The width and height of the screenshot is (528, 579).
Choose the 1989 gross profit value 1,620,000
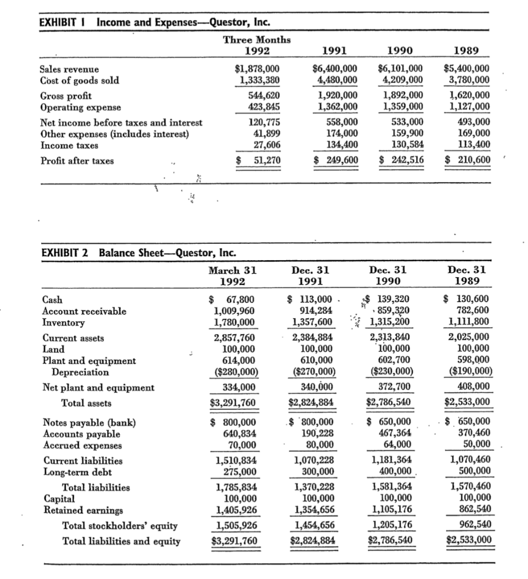tap(467, 96)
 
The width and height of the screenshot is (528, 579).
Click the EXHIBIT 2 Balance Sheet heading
tap(139, 252)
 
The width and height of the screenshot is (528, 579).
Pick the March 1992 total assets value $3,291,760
tap(232, 403)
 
